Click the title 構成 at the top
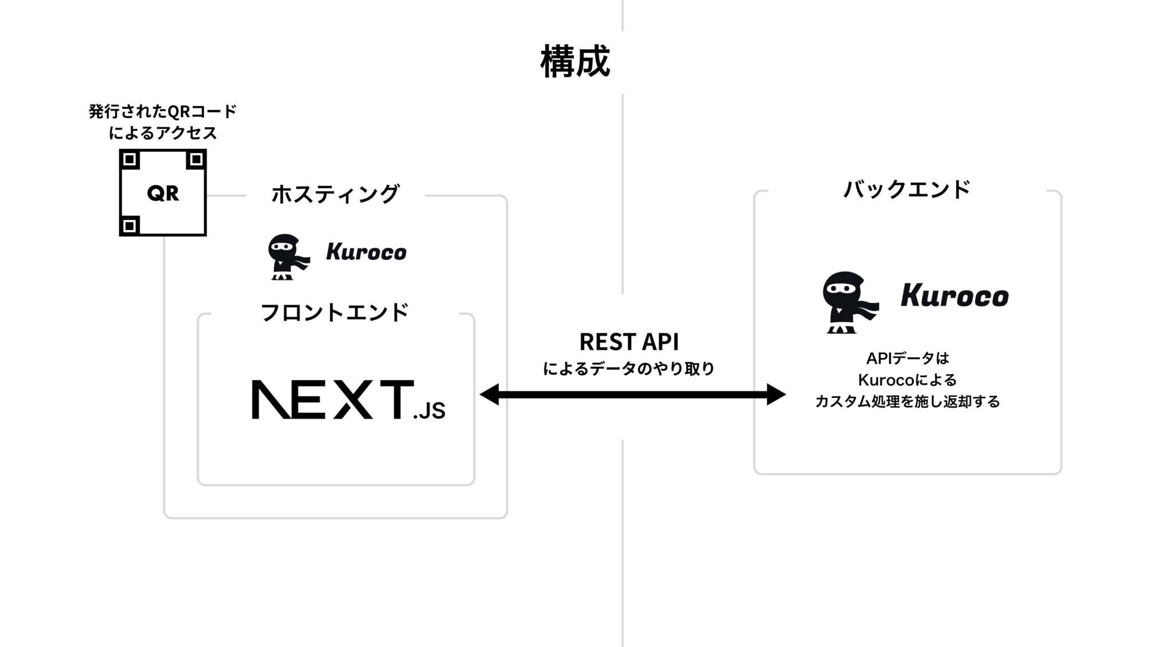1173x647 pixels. point(575,62)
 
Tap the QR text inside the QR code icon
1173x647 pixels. point(163,194)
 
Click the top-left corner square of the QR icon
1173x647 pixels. point(130,159)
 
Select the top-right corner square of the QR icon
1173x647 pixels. point(196,159)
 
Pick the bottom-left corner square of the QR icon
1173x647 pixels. point(130,226)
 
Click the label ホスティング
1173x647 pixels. point(335,194)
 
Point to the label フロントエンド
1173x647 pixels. point(335,313)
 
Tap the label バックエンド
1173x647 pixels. point(907,189)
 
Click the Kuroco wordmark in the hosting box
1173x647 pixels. point(366,252)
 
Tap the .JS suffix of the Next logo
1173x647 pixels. point(429,411)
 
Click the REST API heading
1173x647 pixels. point(629,342)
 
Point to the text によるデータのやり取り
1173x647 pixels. point(629,369)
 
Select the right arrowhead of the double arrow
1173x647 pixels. point(777,394)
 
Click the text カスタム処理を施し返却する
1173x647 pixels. point(907,401)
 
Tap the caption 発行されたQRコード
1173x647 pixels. point(163,112)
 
